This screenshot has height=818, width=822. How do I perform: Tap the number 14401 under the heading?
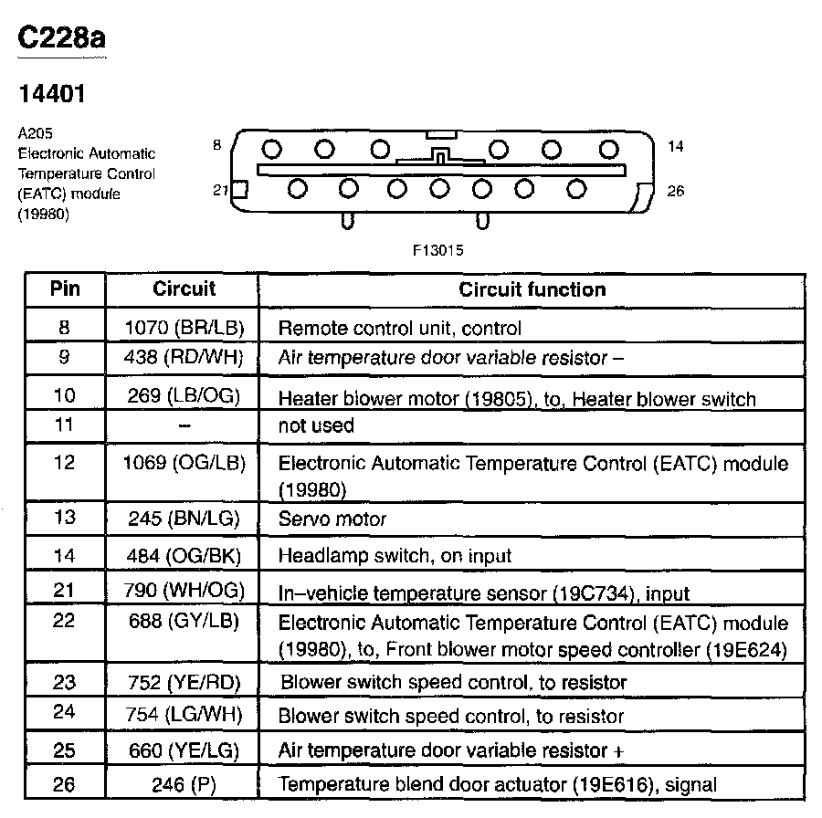click(52, 94)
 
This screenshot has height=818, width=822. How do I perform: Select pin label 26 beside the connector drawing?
click(676, 192)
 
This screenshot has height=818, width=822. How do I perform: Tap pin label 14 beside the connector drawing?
click(676, 146)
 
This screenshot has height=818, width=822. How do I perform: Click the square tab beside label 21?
click(240, 189)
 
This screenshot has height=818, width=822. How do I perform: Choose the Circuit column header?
click(184, 289)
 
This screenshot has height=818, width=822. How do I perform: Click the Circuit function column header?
click(532, 290)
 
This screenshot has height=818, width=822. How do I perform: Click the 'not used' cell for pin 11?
click(315, 425)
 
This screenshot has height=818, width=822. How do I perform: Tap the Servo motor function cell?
click(332, 519)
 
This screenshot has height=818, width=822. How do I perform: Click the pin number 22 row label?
click(64, 624)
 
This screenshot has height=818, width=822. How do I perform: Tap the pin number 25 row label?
click(64, 750)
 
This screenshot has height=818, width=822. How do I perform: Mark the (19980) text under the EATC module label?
click(43, 214)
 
